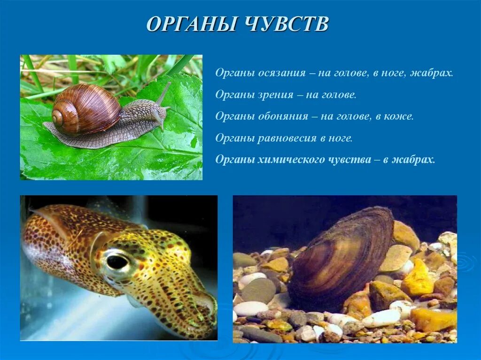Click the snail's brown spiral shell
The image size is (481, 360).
pos(87,108)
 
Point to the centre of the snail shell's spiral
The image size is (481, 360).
pos(59,117)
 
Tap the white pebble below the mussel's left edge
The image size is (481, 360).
pos(250,308)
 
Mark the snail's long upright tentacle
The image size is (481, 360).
pos(163,94)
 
